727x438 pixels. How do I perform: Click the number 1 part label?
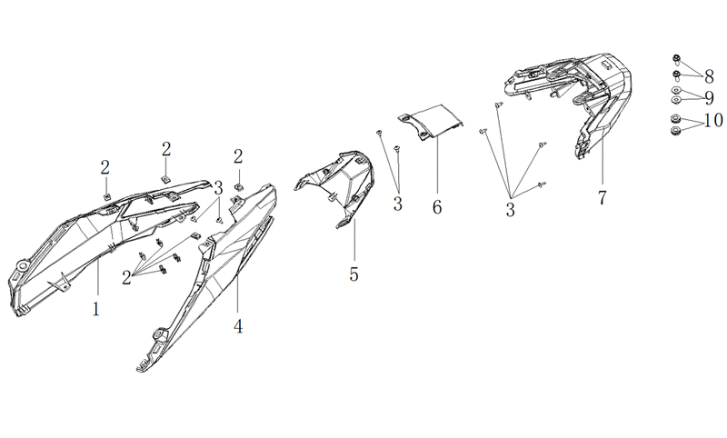pos(96,309)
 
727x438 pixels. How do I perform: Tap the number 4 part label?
pos(238,327)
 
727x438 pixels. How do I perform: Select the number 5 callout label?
pos(354,274)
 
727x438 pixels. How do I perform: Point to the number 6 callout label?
pos(437,206)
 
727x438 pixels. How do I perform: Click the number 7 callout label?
pos(602,198)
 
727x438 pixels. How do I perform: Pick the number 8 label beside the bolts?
pos(709,76)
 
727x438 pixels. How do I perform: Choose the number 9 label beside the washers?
pos(709,98)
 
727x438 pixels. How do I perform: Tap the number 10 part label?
pos(713,121)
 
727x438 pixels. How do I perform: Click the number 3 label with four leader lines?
pos(510,210)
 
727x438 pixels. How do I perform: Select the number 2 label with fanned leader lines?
pos(126,278)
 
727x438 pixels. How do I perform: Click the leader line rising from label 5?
pos(354,240)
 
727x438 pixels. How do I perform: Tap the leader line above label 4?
pos(237,293)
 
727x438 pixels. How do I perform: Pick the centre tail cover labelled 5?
pos(334,186)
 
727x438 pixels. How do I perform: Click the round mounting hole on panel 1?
pos(21,266)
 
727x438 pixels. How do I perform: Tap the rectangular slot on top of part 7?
pos(605,64)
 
